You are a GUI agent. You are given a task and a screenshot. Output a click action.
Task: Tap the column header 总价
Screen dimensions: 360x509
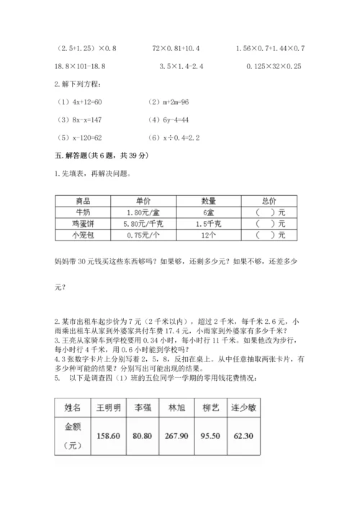[270, 202]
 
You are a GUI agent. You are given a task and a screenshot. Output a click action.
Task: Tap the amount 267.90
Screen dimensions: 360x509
[196, 436]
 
